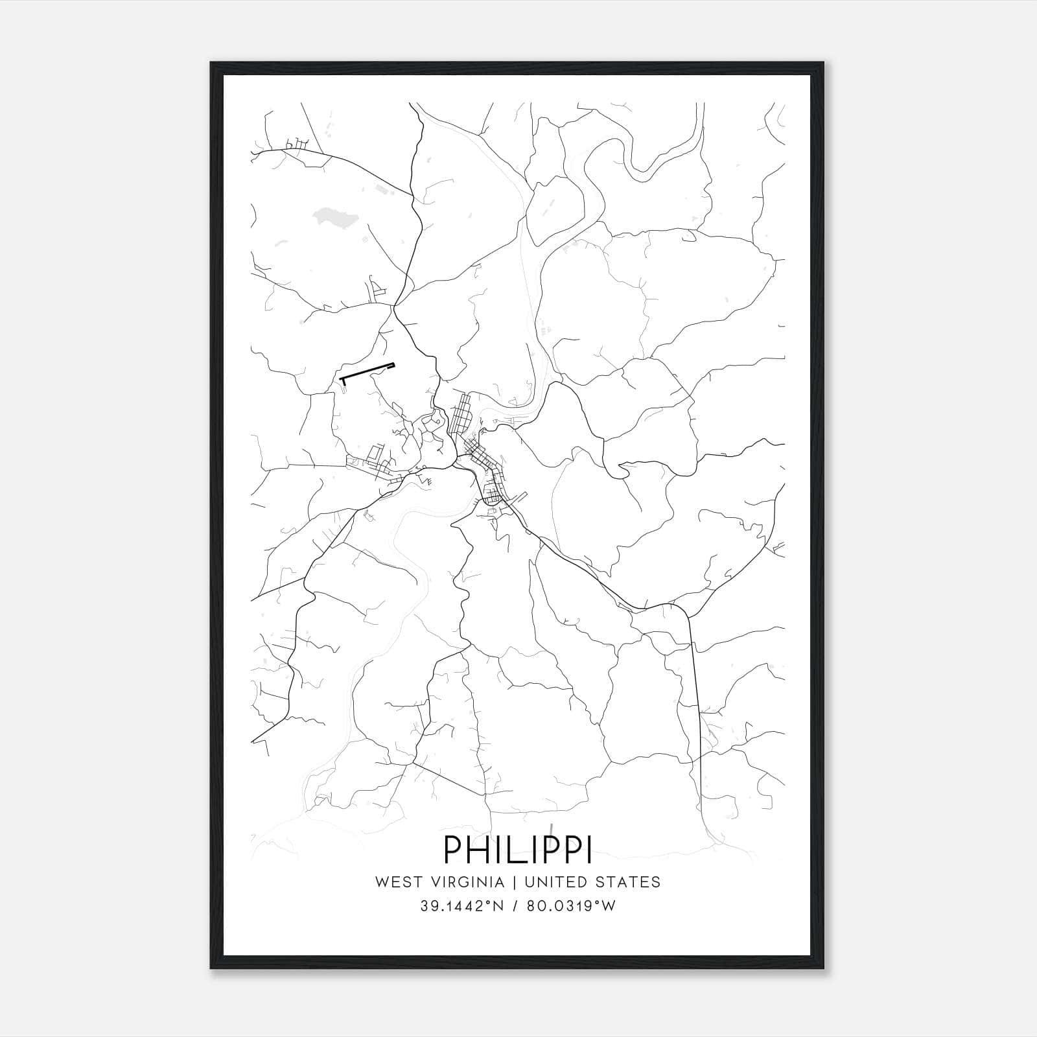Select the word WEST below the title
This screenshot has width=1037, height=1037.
point(395,882)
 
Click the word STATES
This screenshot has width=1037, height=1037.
point(635,882)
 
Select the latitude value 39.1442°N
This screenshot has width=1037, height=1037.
point(461,906)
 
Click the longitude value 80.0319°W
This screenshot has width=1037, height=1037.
point(570,906)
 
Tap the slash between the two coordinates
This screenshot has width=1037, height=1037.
point(516,906)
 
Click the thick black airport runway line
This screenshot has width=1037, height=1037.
point(367,371)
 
